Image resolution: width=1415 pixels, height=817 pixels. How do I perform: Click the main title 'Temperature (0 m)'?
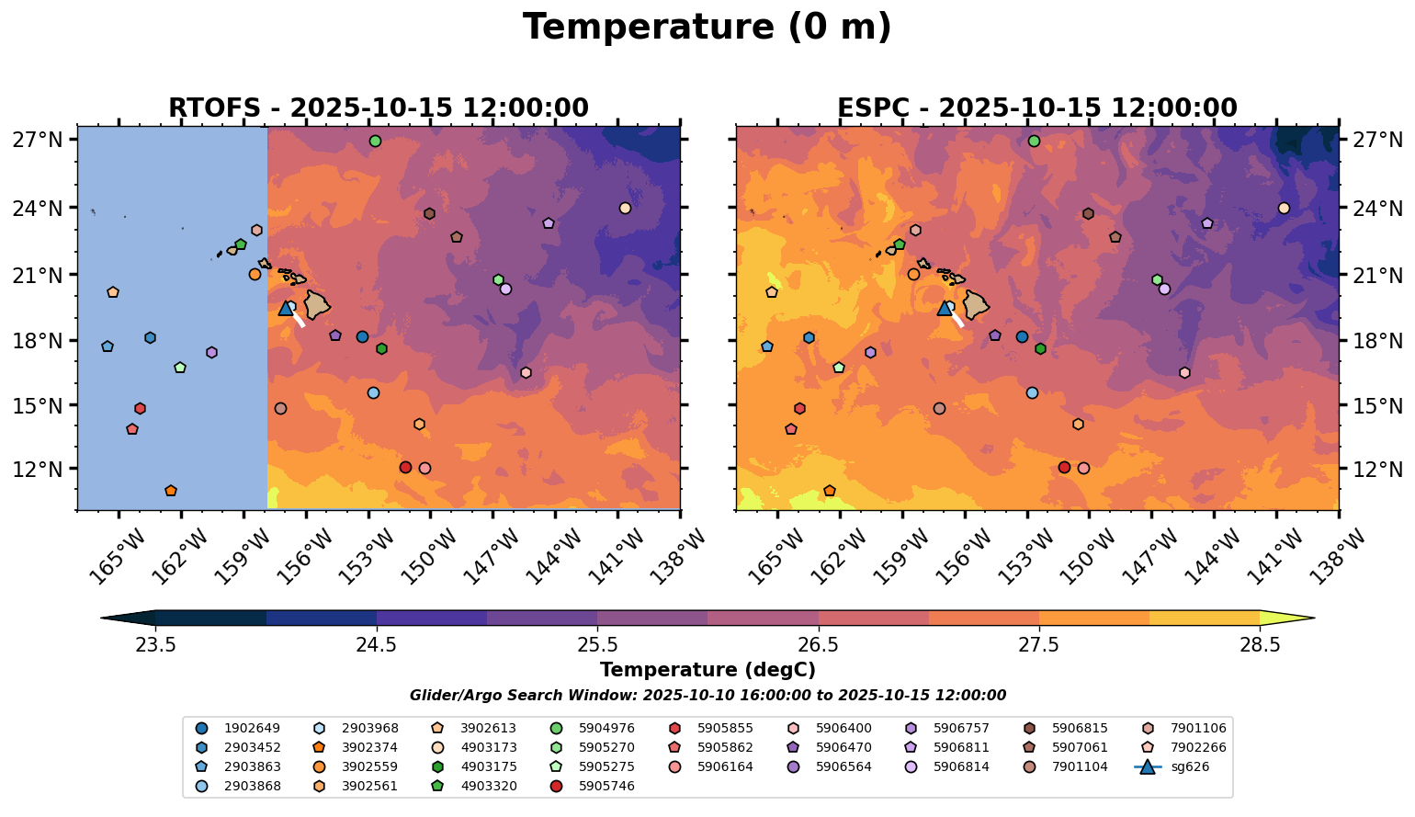pos(707,28)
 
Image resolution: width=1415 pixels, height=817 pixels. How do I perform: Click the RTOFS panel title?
pos(378,108)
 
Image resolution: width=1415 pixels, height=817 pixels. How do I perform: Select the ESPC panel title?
pos(1036,108)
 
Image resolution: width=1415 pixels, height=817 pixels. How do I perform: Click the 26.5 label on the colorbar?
pos(818,644)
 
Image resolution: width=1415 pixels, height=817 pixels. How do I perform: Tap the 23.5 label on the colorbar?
pos(155,644)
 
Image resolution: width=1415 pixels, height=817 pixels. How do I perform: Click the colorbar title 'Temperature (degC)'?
pos(707,670)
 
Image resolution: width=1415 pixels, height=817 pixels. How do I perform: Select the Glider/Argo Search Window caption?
pos(707,696)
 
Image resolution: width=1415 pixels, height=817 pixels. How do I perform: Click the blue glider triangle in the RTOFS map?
pos(286,308)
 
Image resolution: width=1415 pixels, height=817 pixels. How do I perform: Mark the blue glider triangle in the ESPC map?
pos(945,308)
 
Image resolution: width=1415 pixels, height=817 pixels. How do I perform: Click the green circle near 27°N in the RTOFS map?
pos(375,141)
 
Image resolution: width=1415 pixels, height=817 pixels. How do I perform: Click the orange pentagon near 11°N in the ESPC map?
pos(830,491)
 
